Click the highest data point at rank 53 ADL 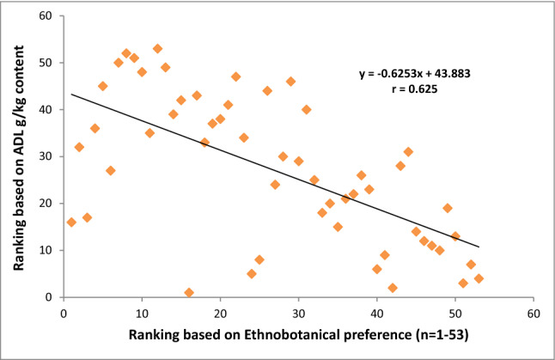pyautogui.click(x=157, y=49)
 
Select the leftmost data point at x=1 pyautogui.click(x=71, y=222)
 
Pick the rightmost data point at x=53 pyautogui.click(x=479, y=278)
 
